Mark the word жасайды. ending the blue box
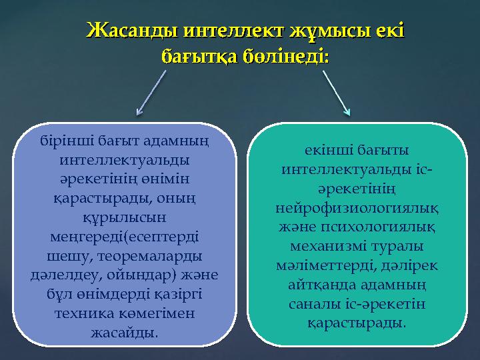[x=125, y=332]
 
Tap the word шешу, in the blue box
[x=65, y=257]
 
